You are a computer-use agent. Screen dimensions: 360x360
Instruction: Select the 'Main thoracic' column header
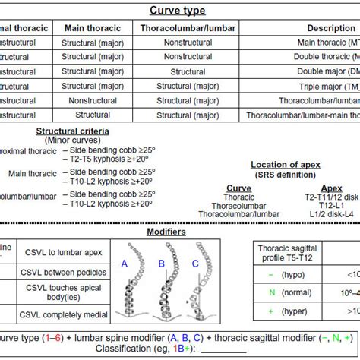click(93, 27)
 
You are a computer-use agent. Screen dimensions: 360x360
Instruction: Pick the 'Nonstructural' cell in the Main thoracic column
click(93, 100)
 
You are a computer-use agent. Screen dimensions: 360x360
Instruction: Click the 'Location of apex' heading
click(285, 164)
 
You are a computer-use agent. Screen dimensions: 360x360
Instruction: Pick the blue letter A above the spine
click(124, 263)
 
